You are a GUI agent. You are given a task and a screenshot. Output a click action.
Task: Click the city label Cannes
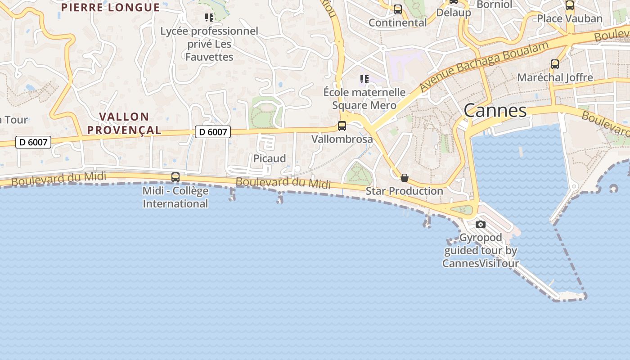point(495,110)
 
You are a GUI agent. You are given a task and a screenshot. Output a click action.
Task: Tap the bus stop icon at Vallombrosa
point(342,126)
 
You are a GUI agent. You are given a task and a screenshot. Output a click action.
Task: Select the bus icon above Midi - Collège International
point(175,177)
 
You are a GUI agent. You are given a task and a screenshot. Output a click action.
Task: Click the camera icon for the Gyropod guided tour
point(481,224)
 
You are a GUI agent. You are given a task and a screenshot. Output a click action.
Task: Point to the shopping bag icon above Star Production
point(405,178)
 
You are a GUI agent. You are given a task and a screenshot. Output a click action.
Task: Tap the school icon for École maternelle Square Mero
point(364,79)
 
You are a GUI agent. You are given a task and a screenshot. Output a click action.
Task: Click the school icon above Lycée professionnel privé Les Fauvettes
point(209,18)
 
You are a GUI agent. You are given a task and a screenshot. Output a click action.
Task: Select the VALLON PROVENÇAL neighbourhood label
point(124,123)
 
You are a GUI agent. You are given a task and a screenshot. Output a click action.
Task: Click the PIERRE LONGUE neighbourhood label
point(110,7)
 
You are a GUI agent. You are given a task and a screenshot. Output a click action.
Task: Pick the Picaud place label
point(270,158)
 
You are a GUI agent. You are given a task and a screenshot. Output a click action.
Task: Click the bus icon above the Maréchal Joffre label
point(555,64)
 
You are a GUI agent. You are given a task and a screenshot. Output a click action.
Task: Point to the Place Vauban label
point(570,18)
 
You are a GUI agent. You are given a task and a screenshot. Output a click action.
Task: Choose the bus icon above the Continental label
point(398,9)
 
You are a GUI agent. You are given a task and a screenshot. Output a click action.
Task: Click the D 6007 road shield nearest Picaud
point(213,132)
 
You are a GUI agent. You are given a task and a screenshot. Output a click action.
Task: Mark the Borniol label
point(494,4)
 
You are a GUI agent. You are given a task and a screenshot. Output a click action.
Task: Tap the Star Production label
point(404,191)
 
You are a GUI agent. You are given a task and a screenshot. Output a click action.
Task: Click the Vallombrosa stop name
point(342,139)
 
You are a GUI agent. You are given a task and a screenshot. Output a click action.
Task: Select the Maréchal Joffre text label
point(555,77)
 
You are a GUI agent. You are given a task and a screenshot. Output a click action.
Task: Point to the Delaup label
point(454,13)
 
